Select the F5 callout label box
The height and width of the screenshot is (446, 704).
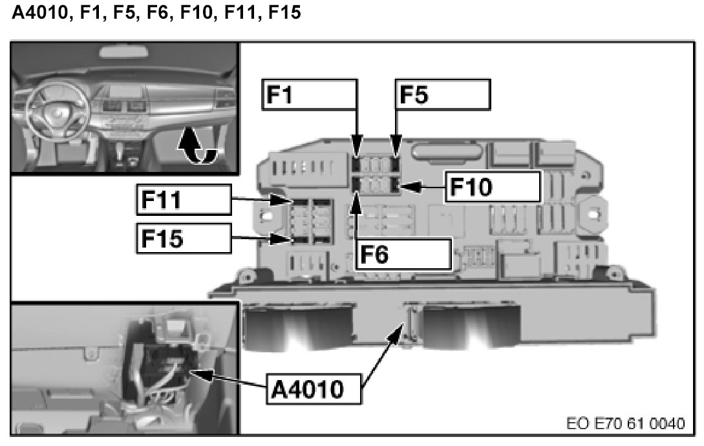click(x=442, y=94)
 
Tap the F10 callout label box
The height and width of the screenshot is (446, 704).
click(x=491, y=187)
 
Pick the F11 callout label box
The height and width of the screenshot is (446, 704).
click(x=184, y=200)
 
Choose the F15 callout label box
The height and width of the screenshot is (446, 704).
click(x=184, y=239)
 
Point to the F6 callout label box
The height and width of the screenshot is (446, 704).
click(x=402, y=253)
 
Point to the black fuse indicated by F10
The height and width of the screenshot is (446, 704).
click(x=395, y=187)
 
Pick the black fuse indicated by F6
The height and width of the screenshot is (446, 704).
click(x=356, y=187)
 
